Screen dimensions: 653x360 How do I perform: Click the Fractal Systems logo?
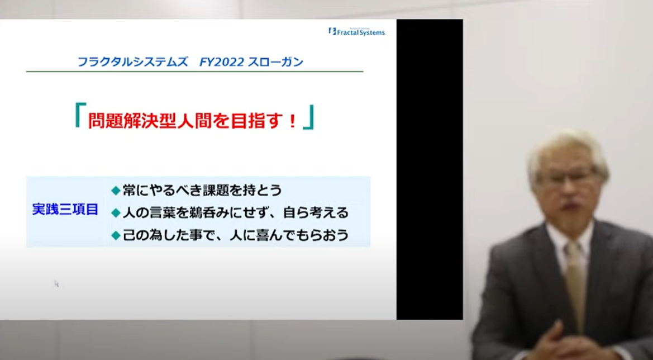[x=357, y=31]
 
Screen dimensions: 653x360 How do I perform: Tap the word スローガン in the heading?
[x=276, y=62]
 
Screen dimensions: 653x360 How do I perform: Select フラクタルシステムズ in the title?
[x=132, y=62]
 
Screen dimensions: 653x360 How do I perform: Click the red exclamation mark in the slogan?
[x=292, y=121]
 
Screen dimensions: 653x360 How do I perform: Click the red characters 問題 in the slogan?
[x=103, y=121]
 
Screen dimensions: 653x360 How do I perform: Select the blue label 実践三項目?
[x=65, y=210]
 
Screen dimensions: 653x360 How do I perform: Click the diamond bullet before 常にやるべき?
[x=116, y=191]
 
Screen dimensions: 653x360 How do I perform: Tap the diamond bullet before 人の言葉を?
[x=116, y=214]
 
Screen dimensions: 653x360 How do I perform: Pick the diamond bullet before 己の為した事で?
[x=116, y=236]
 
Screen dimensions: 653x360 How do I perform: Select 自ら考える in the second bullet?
[x=315, y=214]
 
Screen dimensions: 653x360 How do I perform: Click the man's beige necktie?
[x=575, y=283]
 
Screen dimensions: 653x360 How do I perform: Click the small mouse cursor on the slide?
[x=56, y=283]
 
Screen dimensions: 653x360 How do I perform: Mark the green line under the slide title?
[x=194, y=72]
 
